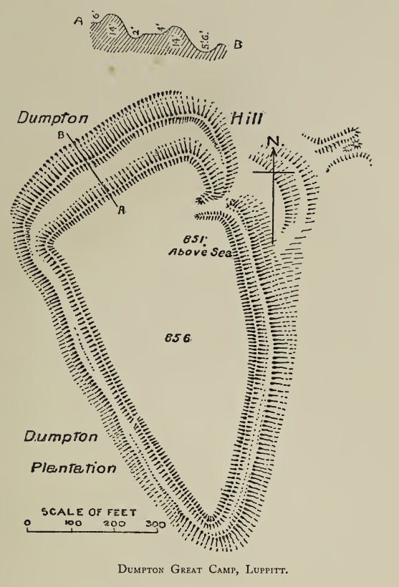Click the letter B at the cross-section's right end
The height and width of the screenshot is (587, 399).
click(x=238, y=44)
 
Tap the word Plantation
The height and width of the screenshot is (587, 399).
click(x=74, y=469)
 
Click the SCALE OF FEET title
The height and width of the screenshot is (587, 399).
click(x=89, y=512)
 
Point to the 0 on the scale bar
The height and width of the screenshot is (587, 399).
click(x=27, y=523)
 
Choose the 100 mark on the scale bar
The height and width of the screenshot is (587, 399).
click(x=72, y=523)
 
